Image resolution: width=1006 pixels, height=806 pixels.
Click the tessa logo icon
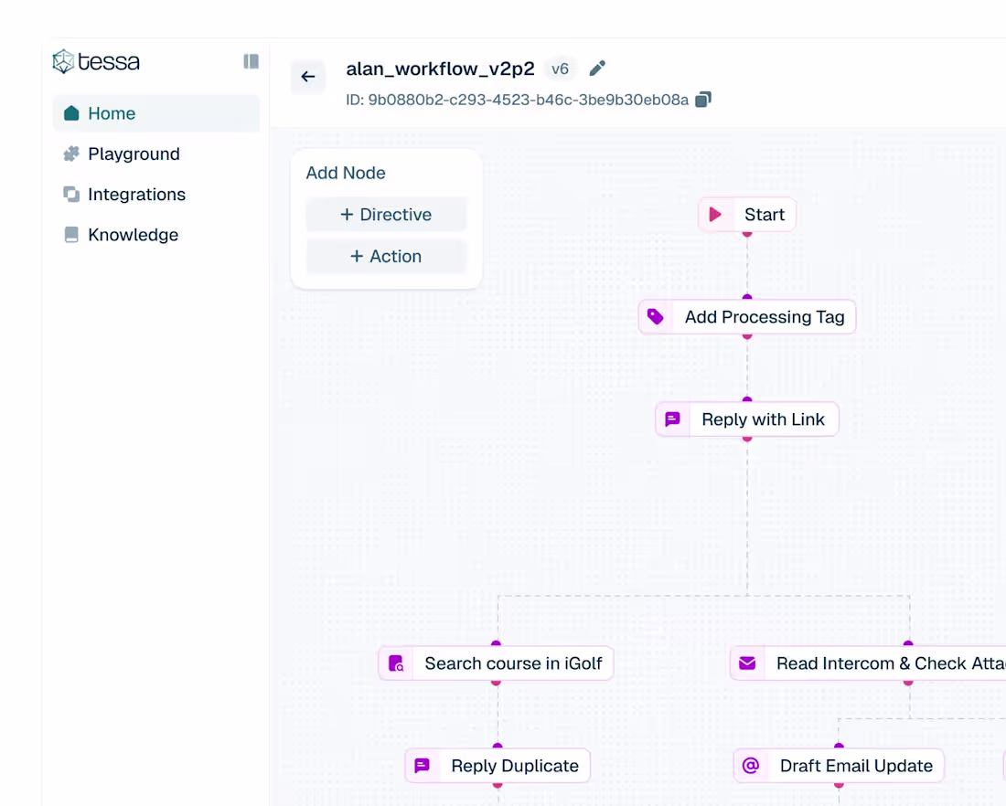(63, 61)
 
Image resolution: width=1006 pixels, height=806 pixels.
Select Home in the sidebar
(155, 113)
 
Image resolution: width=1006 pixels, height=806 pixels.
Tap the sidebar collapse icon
(251, 61)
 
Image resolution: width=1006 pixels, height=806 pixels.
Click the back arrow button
(308, 77)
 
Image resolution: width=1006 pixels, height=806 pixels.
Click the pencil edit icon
(597, 68)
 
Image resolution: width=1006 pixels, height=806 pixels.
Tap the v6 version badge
(560, 69)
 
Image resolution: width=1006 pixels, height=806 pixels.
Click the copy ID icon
(703, 100)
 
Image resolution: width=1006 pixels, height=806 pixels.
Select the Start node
(747, 214)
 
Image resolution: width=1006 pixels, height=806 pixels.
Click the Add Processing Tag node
(747, 317)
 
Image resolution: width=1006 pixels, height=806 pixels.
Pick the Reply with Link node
(747, 419)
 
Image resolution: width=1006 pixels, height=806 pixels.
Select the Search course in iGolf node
(496, 663)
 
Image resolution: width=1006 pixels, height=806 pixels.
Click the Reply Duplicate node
(498, 766)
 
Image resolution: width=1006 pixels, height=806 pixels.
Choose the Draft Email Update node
(840, 766)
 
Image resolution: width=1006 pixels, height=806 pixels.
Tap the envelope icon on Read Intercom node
(747, 663)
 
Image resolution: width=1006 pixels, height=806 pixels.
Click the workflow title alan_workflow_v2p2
(440, 69)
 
